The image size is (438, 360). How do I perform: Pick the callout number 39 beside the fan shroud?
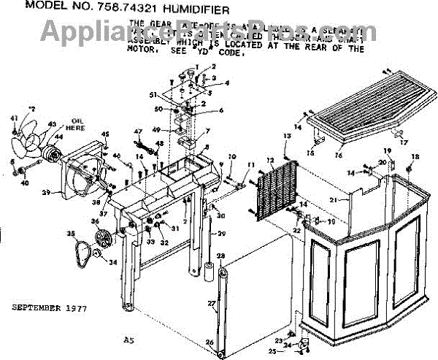point(45,193)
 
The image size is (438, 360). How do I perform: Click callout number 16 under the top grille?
point(337,155)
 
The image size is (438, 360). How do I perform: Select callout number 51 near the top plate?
point(153,95)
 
